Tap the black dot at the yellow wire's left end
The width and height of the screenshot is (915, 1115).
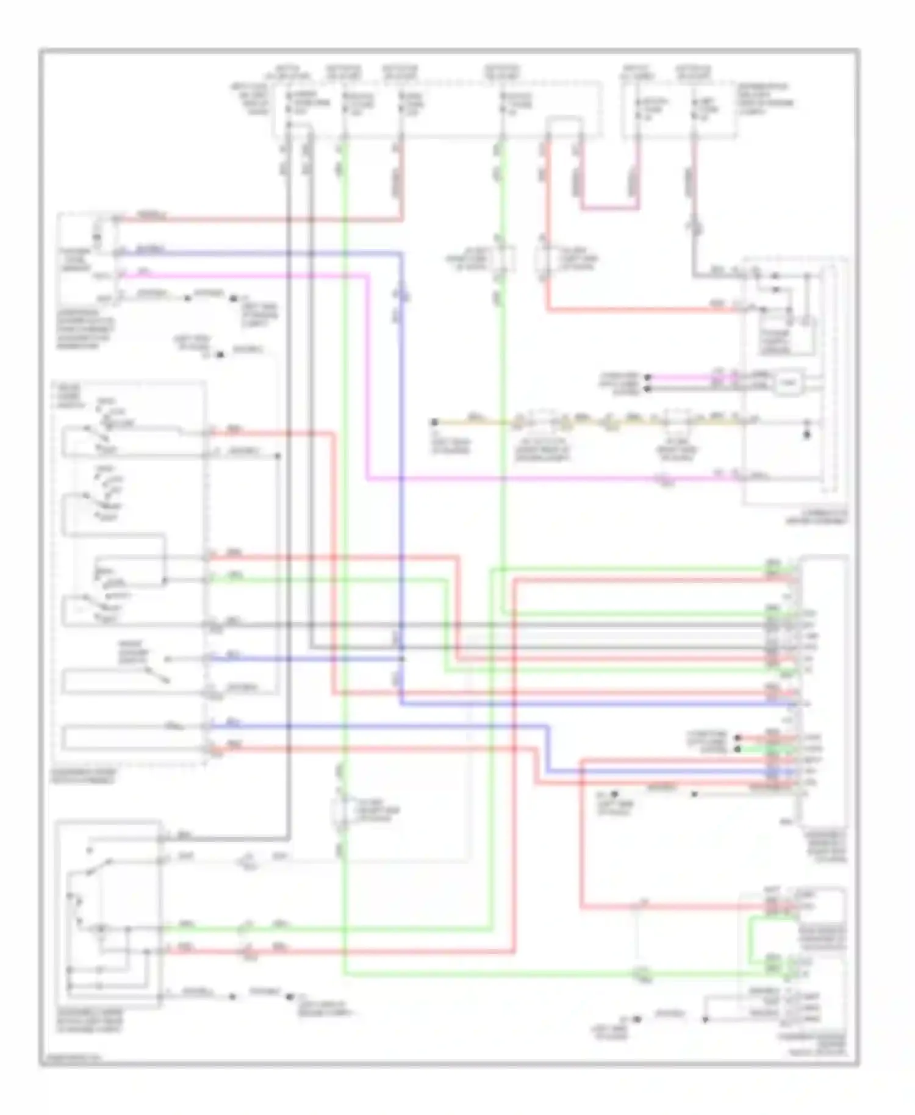434,422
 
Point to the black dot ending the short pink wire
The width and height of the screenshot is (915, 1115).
648,377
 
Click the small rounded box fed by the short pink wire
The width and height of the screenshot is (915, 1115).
788,383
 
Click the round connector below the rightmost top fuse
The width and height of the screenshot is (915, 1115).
694,229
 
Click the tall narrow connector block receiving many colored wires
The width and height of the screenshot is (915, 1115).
823,689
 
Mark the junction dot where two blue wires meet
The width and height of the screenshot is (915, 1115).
401,659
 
